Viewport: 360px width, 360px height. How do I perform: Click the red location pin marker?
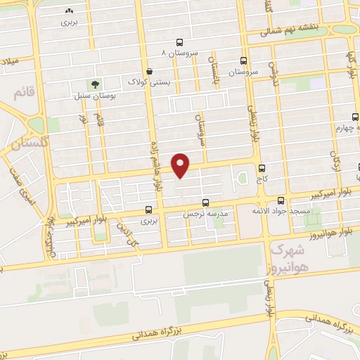click(x=181, y=165)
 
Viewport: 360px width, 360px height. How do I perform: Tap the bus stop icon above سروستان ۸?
click(x=181, y=41)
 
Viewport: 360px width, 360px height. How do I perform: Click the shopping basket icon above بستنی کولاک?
click(x=149, y=71)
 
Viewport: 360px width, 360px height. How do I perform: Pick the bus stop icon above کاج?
click(x=262, y=169)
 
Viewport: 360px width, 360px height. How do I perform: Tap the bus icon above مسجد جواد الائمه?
click(x=281, y=199)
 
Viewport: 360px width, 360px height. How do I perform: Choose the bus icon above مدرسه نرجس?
click(x=205, y=201)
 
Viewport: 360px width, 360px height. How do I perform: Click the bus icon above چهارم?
click(x=355, y=117)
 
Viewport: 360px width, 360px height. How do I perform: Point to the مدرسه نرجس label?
click(x=205, y=212)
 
